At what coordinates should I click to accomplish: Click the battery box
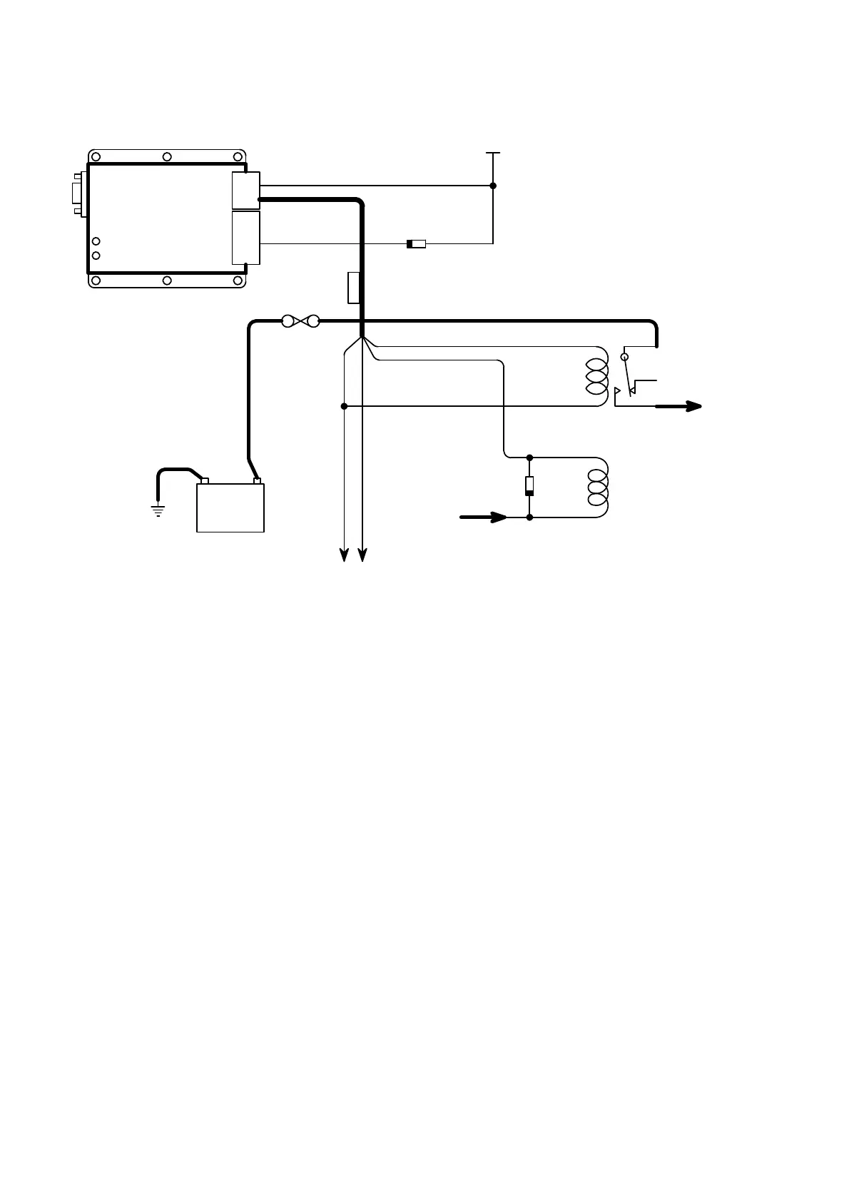(230, 507)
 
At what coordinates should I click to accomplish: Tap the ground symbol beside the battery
(157, 510)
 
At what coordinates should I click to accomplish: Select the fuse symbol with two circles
(300, 321)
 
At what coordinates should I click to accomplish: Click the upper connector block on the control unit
(246, 190)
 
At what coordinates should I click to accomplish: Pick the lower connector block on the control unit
(246, 237)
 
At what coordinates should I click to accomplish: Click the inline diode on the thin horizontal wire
(416, 244)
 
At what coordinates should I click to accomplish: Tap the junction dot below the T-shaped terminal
(493, 186)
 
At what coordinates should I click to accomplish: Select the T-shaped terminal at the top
(493, 153)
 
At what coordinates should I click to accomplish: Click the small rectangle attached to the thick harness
(353, 288)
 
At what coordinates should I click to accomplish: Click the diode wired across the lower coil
(529, 486)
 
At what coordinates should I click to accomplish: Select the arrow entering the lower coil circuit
(484, 517)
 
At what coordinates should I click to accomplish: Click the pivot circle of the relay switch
(625, 356)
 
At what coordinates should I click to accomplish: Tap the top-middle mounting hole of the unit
(167, 157)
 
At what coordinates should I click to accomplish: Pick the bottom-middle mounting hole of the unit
(167, 281)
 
